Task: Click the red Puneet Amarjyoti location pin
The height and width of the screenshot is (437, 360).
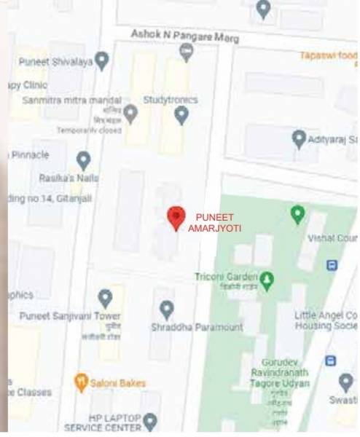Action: [x=176, y=218]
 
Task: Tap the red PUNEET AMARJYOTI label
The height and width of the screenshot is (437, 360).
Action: [x=214, y=222]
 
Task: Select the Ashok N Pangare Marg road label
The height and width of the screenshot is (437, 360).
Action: [x=184, y=36]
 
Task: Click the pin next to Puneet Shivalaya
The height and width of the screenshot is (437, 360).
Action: [x=102, y=61]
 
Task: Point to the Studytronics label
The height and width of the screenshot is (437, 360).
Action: [x=171, y=99]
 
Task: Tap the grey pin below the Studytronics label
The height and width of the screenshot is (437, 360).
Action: [x=181, y=114]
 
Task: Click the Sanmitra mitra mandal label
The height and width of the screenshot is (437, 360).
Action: [x=71, y=100]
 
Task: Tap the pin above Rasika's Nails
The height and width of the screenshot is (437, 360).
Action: [x=84, y=160]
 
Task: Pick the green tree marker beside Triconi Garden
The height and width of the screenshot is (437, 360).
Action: [x=267, y=280]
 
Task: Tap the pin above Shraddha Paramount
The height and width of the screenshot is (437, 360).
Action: [x=167, y=310]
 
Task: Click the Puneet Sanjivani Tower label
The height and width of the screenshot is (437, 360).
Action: [x=70, y=315]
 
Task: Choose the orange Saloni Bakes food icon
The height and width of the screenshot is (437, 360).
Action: [x=82, y=382]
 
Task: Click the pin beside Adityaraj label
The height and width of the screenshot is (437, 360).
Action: [x=299, y=138]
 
